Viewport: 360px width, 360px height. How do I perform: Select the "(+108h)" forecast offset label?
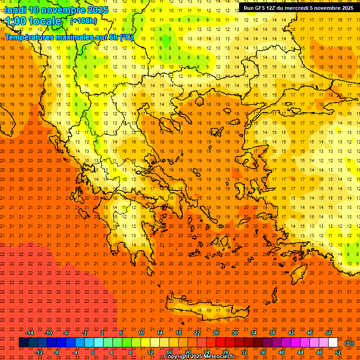83,21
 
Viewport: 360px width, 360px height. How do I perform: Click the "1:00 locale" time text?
33,21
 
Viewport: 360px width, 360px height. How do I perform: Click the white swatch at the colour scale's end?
333,343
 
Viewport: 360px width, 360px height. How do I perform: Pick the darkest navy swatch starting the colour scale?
23,343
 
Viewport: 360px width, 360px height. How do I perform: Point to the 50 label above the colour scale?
329,333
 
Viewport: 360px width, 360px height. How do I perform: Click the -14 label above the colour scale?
30,333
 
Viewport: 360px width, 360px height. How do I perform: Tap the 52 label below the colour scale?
338,352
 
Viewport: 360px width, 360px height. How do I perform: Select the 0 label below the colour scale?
93,352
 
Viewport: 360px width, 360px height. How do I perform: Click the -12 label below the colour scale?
38,352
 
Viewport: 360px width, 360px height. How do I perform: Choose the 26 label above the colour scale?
216,333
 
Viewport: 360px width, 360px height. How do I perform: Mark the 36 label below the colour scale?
263,352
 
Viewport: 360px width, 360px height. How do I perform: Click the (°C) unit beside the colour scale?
349,343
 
